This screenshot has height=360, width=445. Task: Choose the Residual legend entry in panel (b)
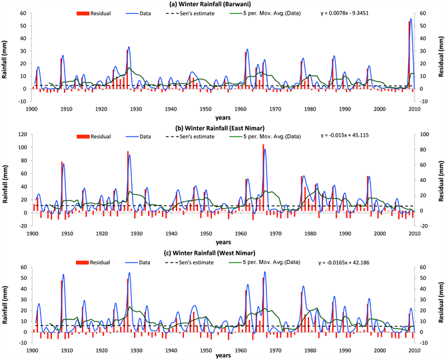[91, 137]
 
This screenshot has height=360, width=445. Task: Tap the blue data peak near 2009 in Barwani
[411, 19]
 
